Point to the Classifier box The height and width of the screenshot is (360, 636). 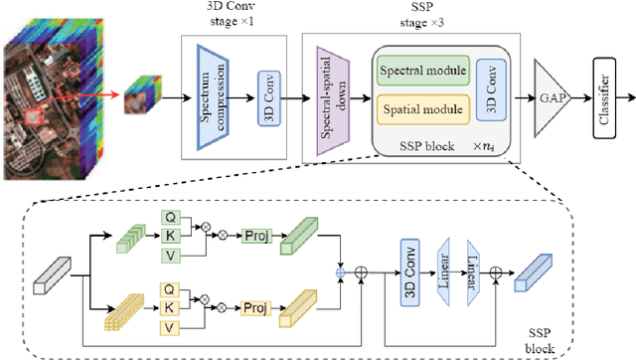[600, 97]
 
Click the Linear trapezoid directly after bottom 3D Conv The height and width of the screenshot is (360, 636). [444, 270]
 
